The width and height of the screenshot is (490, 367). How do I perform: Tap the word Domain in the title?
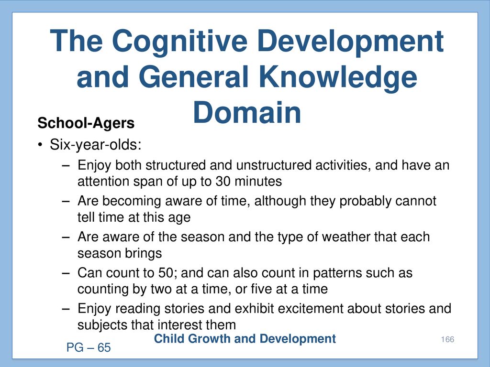247,112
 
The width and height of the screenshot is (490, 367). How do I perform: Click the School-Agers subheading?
86,123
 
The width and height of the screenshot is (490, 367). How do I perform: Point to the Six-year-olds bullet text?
96,145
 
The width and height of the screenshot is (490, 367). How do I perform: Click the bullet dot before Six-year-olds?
40,145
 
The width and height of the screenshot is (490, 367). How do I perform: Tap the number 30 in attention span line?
223,182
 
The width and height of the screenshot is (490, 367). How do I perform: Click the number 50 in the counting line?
166,273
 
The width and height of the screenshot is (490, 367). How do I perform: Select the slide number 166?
447,340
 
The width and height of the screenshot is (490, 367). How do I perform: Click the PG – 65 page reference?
89,348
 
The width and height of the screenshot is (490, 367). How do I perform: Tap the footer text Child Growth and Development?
245,339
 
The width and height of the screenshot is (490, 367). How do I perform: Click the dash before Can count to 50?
66,273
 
